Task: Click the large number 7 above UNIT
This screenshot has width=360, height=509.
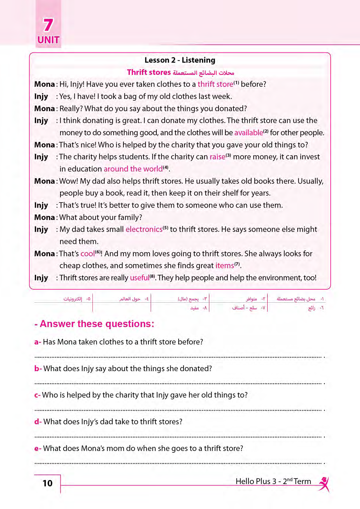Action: [48, 25]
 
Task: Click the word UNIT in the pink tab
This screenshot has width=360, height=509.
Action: [48, 40]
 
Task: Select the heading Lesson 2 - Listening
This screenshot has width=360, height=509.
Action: [180, 60]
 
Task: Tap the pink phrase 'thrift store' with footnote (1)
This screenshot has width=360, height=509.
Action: [215, 84]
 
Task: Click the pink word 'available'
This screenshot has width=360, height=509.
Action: [249, 133]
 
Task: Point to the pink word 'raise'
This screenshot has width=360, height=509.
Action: [217, 157]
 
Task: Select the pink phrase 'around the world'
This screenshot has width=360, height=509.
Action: [133, 169]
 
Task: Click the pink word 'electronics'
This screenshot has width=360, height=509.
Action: [144, 229]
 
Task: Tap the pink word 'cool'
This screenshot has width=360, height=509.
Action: [87, 254]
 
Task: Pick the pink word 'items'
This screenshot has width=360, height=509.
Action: [224, 266]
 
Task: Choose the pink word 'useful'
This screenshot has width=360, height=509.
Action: [139, 278]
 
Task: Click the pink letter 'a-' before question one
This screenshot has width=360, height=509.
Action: [38, 342]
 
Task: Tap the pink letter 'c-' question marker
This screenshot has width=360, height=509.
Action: [37, 395]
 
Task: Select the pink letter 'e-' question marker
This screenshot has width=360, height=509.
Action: [38, 448]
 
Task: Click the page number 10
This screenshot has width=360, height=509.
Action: [47, 483]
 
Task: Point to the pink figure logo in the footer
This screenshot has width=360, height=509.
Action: [324, 484]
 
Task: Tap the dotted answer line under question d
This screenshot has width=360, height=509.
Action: [178, 436]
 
